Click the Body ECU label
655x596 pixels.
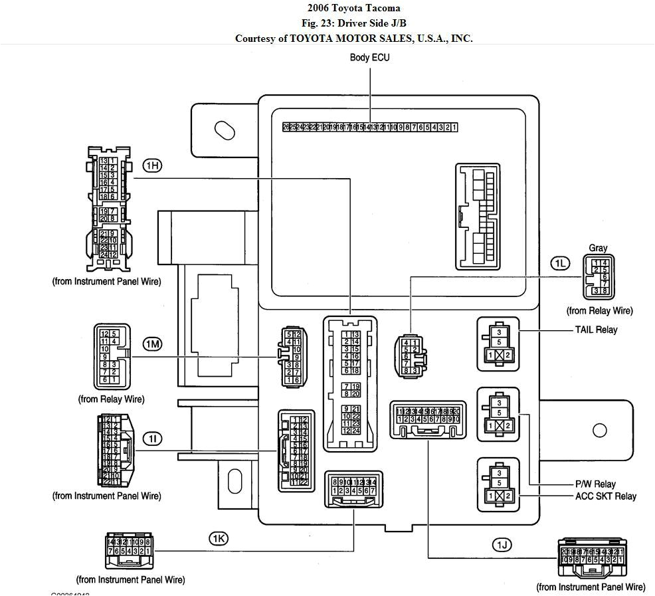pyautogui.click(x=369, y=58)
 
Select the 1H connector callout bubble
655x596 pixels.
pyautogui.click(x=152, y=165)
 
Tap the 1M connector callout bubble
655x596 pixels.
pyautogui.click(x=152, y=344)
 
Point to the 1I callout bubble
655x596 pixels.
pyautogui.click(x=152, y=439)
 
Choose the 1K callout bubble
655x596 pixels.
pyautogui.click(x=219, y=538)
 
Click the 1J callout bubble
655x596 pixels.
pyautogui.click(x=502, y=546)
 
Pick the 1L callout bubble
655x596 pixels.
pyautogui.click(x=560, y=263)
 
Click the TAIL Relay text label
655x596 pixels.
pyautogui.click(x=596, y=330)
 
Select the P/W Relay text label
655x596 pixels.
pyautogui.click(x=595, y=484)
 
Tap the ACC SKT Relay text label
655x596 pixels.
pyautogui.click(x=605, y=496)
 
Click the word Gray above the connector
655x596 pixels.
pyautogui.click(x=598, y=248)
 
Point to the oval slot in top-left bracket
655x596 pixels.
pyautogui.click(x=225, y=130)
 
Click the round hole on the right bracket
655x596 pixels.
pyautogui.click(x=599, y=430)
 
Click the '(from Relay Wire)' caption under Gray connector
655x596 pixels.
pyautogui.click(x=599, y=310)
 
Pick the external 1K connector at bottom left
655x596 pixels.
pyautogui.click(x=129, y=547)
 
